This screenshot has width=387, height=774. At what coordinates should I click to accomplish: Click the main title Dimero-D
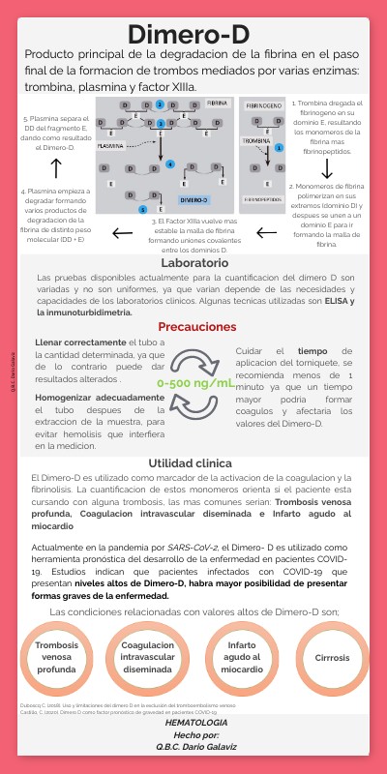tap(193, 35)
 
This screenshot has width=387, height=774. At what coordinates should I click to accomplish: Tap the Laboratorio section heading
tap(194, 263)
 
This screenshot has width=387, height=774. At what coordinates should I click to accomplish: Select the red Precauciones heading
tap(197, 327)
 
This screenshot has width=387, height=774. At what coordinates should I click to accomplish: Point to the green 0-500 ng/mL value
tap(196, 383)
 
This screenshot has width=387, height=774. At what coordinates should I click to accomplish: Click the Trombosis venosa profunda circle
tap(57, 657)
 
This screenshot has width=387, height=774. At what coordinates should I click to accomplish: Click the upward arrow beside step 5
tap(56, 168)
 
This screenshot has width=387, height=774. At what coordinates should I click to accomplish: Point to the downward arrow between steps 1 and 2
tap(327, 167)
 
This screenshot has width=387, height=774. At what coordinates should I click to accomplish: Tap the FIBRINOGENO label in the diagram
tap(263, 104)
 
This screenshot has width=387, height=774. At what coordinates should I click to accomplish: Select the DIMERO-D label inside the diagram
tap(193, 200)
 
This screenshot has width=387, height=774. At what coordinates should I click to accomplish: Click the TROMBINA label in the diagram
tap(255, 140)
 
